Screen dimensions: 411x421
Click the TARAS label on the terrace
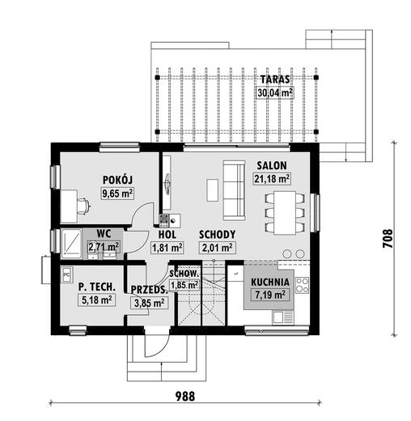coord(275,79)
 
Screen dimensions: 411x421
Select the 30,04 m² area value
coord(274,93)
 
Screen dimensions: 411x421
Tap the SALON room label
coord(272,165)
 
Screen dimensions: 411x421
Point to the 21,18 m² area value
coord(272,179)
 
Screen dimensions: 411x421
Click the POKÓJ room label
coord(117,180)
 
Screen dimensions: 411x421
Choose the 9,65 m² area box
coord(117,193)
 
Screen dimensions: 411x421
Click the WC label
coord(104,233)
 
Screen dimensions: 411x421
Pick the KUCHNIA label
coord(270,282)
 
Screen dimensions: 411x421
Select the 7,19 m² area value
coord(270,295)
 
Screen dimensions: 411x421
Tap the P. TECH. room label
coord(97,287)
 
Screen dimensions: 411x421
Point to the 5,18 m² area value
coord(97,300)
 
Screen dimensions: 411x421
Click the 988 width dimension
coord(185,397)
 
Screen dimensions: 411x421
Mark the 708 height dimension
coord(388,239)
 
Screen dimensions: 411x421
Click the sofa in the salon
coord(234,190)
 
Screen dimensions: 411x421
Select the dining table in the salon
coord(285,213)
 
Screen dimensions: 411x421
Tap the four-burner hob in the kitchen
coord(302,285)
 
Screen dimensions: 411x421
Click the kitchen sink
coord(283,317)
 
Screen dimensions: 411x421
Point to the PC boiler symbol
coord(67,274)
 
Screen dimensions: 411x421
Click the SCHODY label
coord(217,235)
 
